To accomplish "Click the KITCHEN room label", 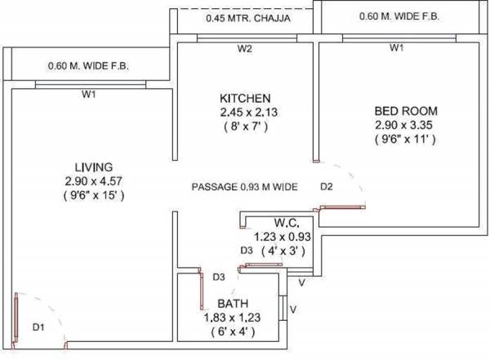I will click(x=244, y=98).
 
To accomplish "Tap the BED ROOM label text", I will click(x=405, y=110).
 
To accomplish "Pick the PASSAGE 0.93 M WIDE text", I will click(x=243, y=187).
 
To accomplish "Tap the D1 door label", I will click(x=38, y=327).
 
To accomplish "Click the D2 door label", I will click(x=326, y=187).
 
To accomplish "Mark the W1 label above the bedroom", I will click(x=396, y=48).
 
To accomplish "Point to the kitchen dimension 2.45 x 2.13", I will click(x=244, y=112).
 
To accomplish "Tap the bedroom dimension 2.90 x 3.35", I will click(x=405, y=125).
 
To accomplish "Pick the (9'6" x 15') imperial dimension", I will click(x=93, y=196).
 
